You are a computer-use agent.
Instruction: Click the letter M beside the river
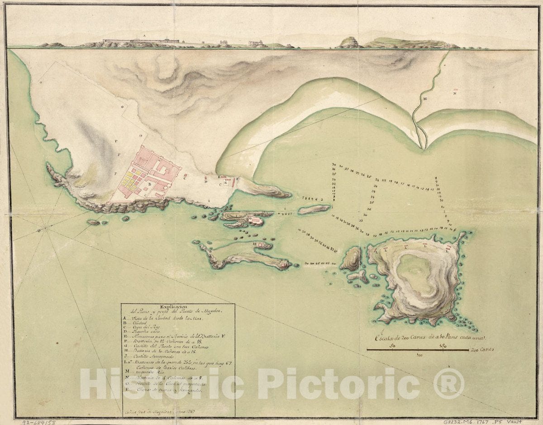pyautogui.click(x=425, y=98)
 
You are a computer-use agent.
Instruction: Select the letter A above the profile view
pyautogui.click(x=144, y=35)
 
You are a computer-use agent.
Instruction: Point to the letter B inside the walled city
pyautogui.click(x=149, y=184)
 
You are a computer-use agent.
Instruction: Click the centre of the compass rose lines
pyautogui.click(x=45, y=229)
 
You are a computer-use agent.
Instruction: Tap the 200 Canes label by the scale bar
pyautogui.click(x=481, y=350)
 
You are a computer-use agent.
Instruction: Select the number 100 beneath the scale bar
pyautogui.click(x=419, y=355)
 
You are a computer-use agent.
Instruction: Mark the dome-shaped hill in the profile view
pyautogui.click(x=348, y=42)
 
